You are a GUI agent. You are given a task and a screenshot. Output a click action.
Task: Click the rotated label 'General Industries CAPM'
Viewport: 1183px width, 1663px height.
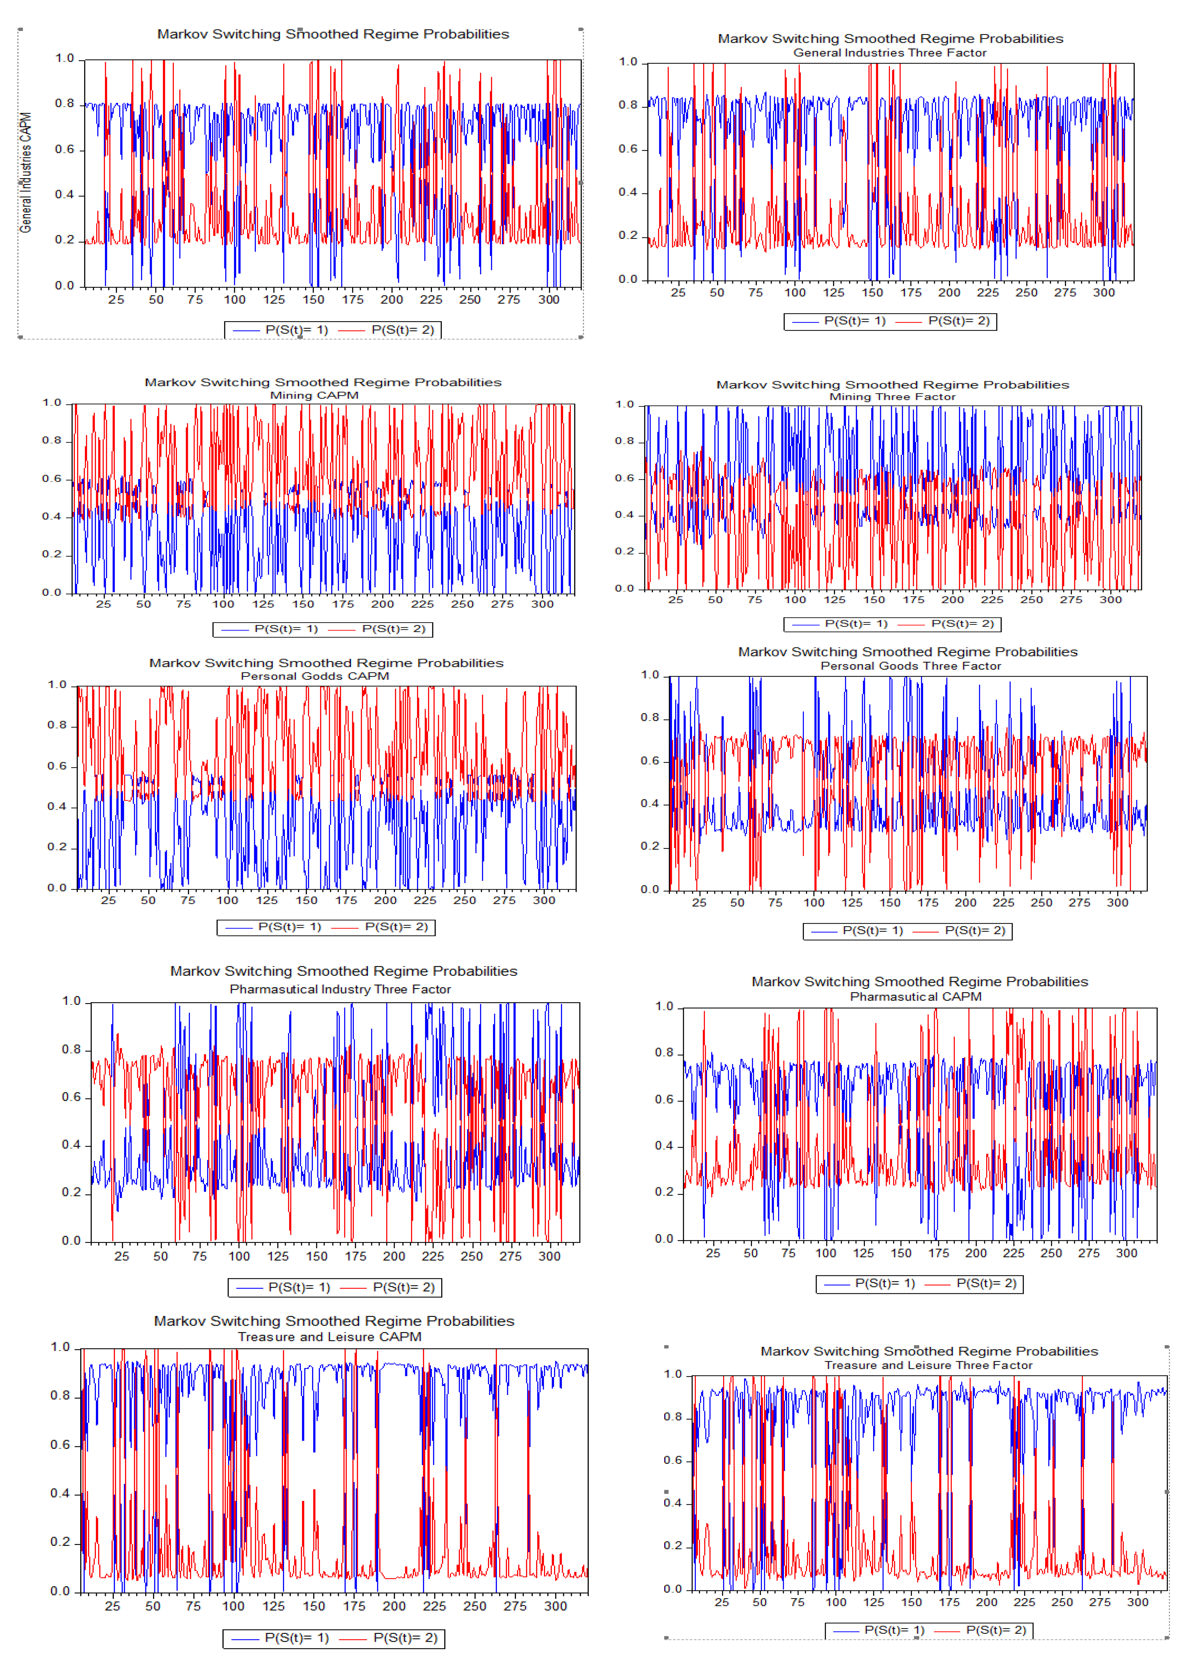[x=25, y=173]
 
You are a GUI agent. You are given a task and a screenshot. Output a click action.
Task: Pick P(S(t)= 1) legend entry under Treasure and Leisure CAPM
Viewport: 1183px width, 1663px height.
[x=297, y=1637]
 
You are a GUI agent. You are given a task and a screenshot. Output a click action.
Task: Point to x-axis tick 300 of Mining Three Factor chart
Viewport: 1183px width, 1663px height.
[x=1110, y=600]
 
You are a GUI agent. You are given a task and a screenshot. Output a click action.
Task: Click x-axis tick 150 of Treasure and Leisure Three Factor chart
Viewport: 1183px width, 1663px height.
[x=911, y=1602]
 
